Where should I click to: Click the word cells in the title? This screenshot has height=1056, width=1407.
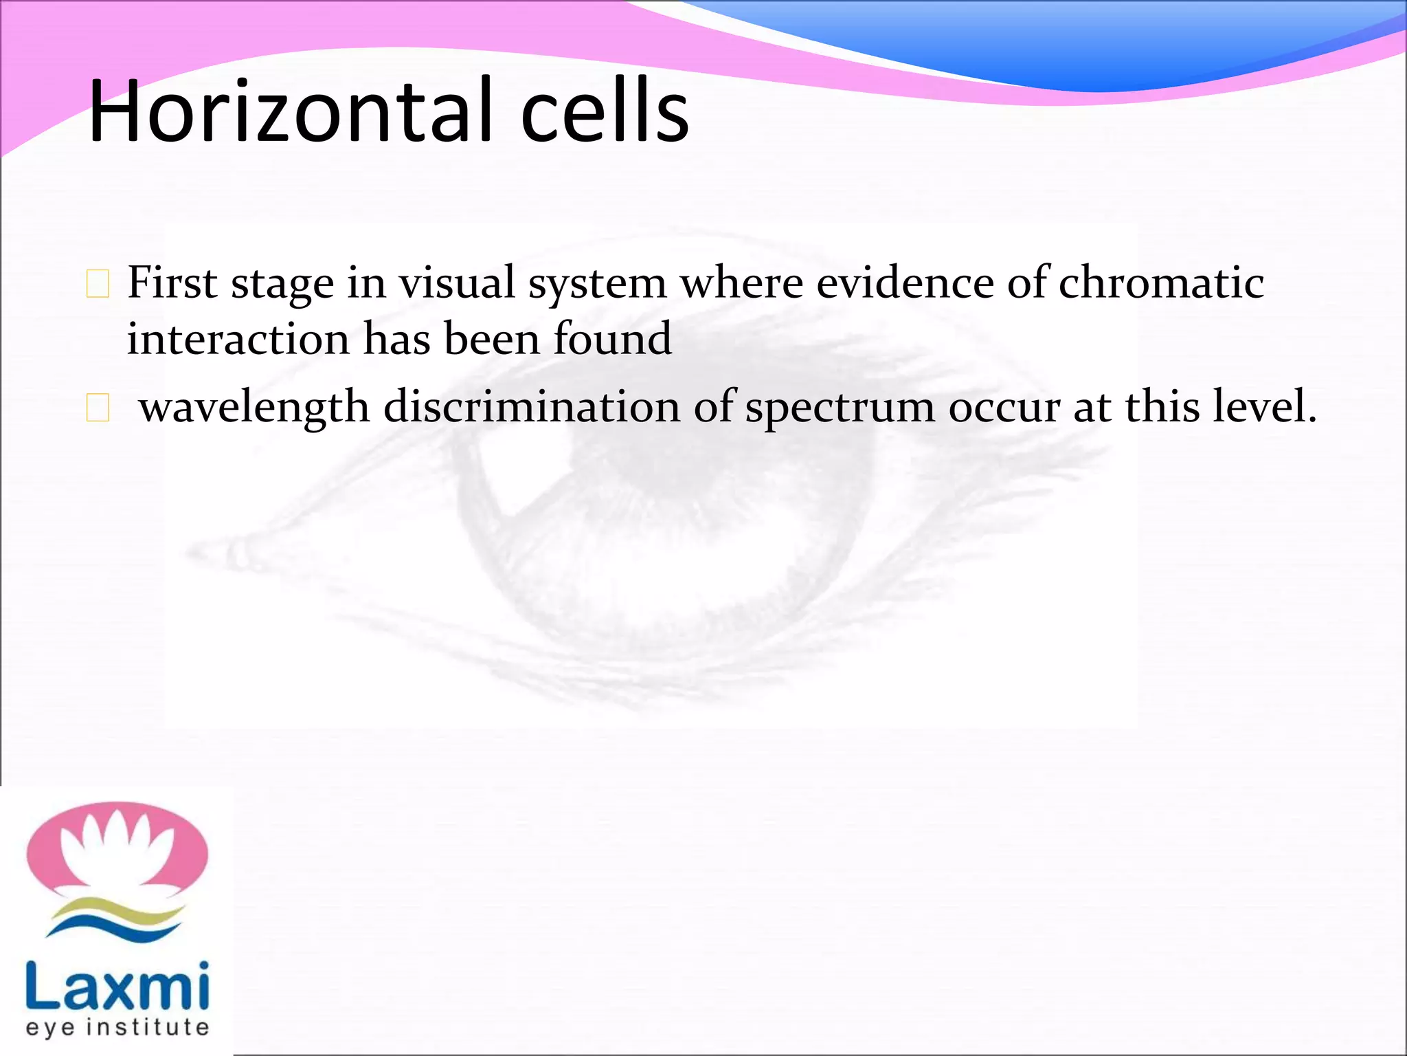605,111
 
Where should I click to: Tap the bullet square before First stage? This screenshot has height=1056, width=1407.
98,285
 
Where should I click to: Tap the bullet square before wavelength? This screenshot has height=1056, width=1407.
98,408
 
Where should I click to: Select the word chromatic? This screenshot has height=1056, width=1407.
1161,283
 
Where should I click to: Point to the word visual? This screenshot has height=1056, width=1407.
457,283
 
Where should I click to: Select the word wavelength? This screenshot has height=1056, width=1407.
254,407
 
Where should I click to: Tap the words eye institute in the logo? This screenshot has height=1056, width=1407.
117,1027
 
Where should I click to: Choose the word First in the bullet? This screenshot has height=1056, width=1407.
172,283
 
